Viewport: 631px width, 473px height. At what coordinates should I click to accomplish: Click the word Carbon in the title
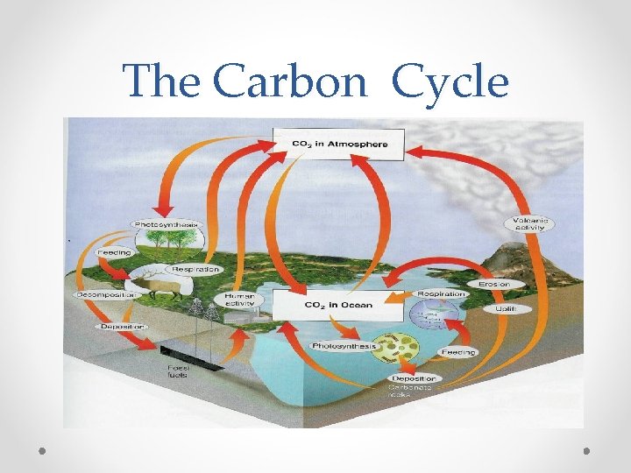tap(289, 83)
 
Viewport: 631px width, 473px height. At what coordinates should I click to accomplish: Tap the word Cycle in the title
tap(450, 83)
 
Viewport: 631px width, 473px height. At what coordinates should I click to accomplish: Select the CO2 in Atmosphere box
tap(338, 145)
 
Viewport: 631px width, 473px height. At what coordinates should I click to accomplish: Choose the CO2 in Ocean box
tap(338, 305)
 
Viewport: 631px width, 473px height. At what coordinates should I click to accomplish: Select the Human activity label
tap(238, 302)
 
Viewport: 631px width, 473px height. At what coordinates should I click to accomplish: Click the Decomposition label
tap(106, 295)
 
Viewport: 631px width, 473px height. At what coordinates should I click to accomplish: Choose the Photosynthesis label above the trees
tap(167, 224)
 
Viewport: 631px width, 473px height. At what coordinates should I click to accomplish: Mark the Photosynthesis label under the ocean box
tap(344, 346)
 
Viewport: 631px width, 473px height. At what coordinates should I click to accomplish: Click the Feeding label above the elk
tap(114, 253)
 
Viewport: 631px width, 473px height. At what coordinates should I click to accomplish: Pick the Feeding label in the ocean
tap(457, 352)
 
